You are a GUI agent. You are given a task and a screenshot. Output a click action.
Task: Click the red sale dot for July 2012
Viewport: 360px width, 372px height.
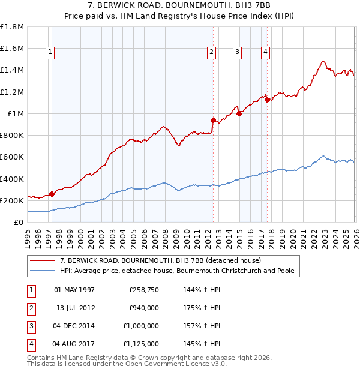213,120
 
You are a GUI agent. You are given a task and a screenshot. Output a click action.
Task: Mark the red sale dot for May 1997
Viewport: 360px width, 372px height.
52,194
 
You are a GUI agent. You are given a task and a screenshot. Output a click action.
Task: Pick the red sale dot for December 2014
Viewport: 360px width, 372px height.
239,113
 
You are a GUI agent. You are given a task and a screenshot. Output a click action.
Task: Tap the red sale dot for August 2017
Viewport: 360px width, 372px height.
267,100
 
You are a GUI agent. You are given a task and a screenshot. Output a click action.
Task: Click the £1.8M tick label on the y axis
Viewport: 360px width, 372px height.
12,27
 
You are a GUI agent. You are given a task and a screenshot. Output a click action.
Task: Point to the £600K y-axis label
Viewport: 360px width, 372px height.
12,157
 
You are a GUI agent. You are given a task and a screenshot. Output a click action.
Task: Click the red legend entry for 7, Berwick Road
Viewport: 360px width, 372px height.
160,260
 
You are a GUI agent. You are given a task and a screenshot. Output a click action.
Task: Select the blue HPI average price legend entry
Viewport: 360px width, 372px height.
177,271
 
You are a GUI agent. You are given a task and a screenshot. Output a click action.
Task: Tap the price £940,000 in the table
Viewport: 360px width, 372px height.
143,308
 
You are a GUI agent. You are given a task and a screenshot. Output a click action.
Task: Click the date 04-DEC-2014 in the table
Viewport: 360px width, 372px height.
74,326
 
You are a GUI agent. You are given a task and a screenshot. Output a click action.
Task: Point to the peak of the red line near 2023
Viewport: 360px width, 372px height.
323,61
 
